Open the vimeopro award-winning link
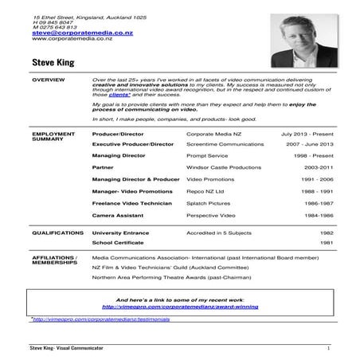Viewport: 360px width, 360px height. pyautogui.click(x=179, y=305)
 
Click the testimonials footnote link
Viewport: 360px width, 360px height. pyautogui.click(x=82, y=318)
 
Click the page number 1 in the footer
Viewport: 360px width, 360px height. pyautogui.click(x=328, y=349)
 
